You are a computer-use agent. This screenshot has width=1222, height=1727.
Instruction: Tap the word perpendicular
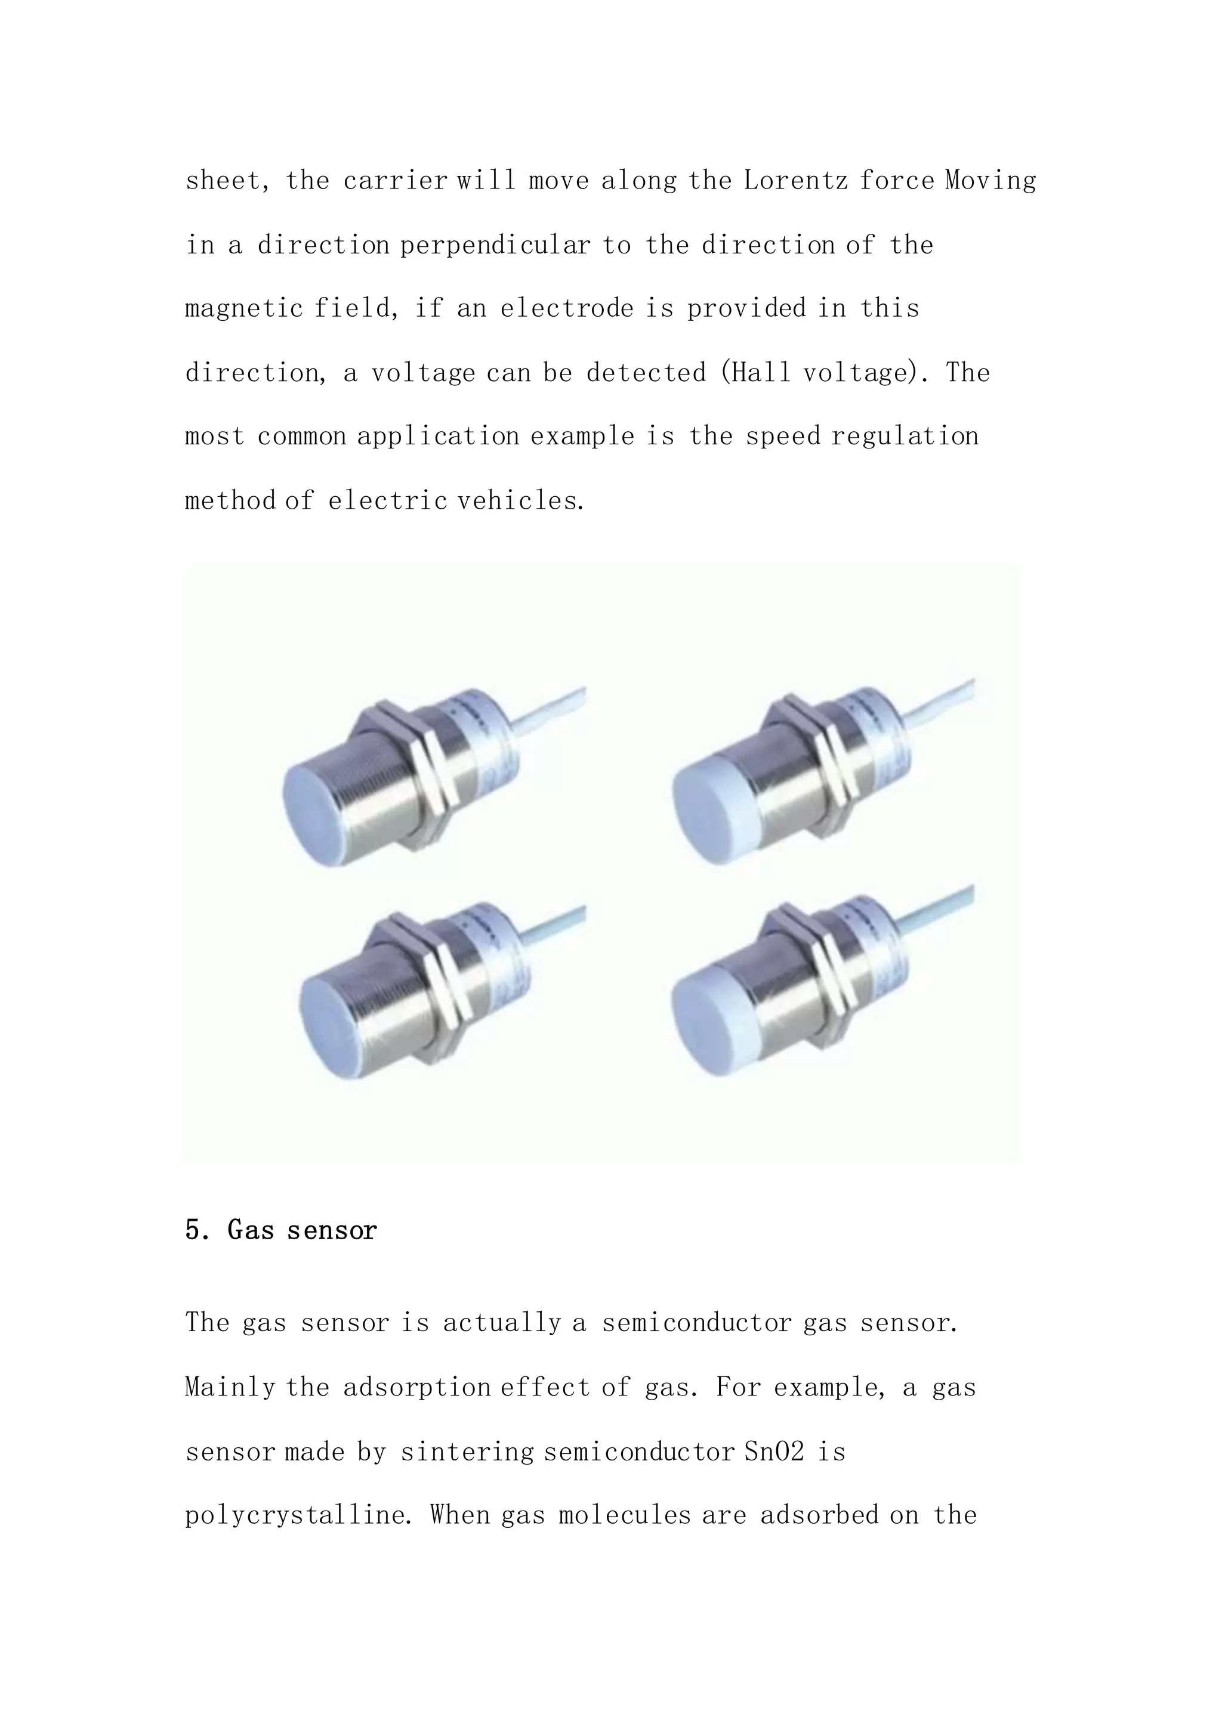tap(495, 245)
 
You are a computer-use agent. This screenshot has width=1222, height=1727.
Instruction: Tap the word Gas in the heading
tap(251, 1230)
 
